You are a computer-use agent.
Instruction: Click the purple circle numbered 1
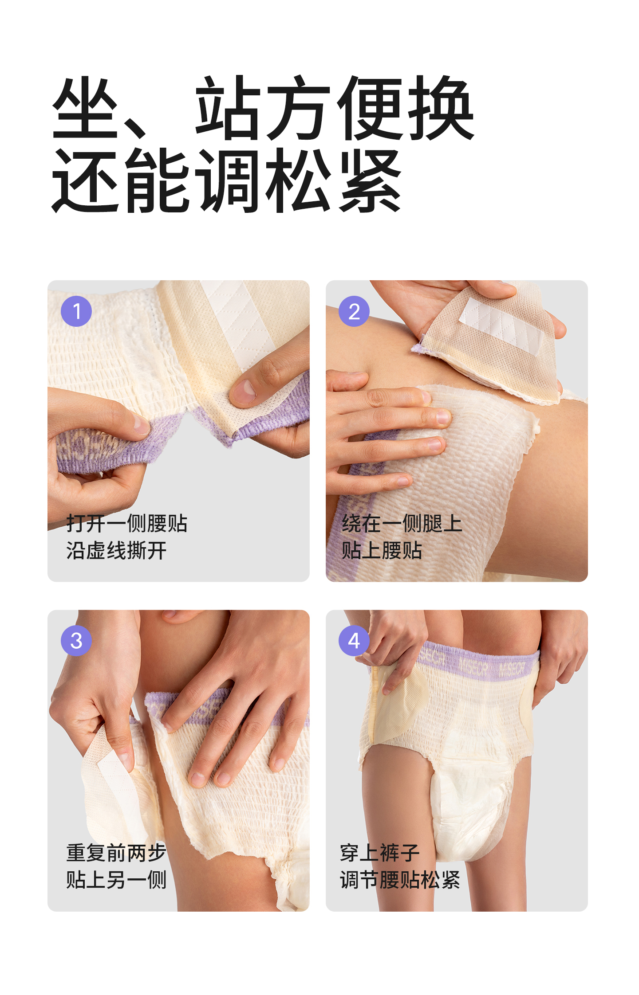tap(76, 311)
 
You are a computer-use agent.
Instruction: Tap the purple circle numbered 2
tap(354, 311)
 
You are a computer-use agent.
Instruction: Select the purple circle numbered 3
tap(76, 640)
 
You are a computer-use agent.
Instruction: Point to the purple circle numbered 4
tap(354, 640)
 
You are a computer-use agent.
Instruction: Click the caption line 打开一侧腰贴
tap(127, 523)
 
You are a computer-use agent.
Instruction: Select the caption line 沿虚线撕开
tap(116, 551)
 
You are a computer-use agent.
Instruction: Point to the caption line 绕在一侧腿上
tap(402, 523)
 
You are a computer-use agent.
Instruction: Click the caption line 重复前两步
tap(116, 853)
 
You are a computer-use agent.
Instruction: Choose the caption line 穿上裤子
tap(380, 853)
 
